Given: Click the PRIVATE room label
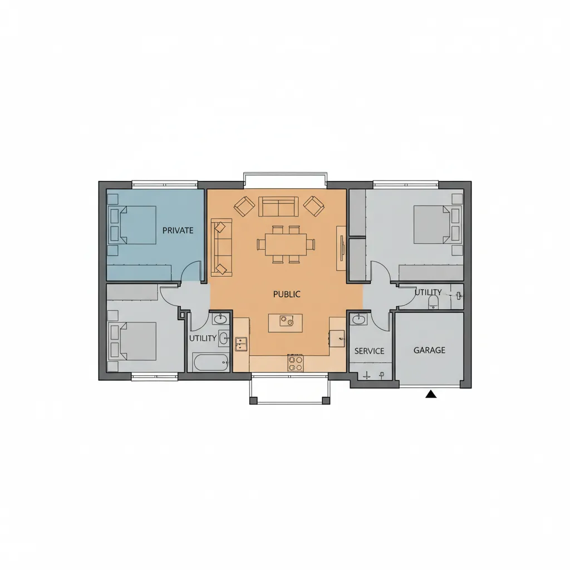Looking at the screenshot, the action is point(178,230).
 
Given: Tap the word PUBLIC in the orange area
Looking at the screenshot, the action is point(287,294).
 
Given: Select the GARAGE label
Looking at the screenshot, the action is point(429,350).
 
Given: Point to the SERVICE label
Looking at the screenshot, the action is point(370,351).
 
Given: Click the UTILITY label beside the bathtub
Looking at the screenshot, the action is point(203,338).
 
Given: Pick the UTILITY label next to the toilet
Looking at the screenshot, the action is point(428,292).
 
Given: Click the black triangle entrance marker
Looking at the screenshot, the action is point(431,394).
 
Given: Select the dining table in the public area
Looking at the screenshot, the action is point(286,244).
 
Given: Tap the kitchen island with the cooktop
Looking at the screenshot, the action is point(286,323).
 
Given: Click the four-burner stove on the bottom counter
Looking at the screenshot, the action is point(296,363).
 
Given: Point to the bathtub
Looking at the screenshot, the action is point(211,362).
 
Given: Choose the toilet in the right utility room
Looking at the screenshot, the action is point(433,301).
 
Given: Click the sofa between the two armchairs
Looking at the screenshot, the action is point(278,207).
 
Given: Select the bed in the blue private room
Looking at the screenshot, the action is point(132,225).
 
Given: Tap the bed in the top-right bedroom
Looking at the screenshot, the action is point(438,224).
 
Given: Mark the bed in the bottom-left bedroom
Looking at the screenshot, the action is point(132,341).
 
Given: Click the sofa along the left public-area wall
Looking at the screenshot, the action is point(222,248).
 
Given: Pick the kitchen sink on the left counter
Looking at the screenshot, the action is point(241,344).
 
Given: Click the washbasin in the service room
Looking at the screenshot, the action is point(358,320).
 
